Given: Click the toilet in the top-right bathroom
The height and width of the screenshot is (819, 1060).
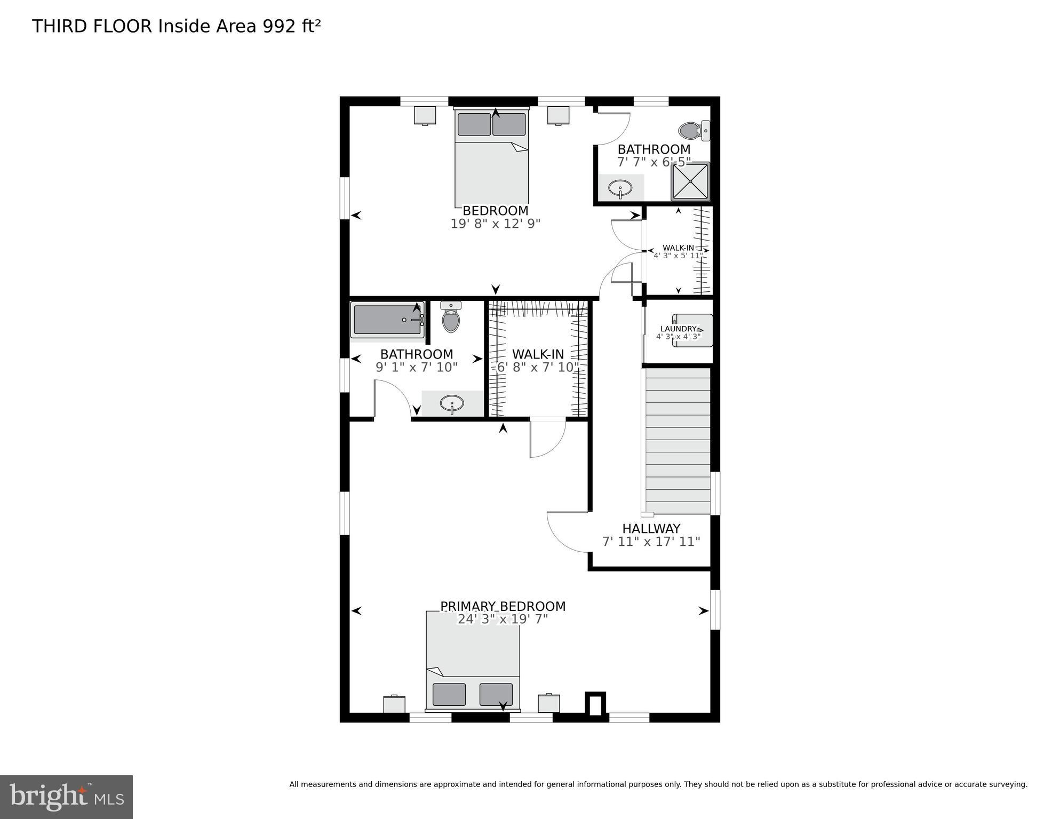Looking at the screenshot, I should tap(692, 130).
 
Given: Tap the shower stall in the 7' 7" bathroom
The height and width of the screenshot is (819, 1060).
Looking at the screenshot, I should tap(690, 181).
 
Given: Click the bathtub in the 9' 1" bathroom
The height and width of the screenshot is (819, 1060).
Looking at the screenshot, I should tap(387, 320).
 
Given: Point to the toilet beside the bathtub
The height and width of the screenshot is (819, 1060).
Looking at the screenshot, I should tap(451, 319).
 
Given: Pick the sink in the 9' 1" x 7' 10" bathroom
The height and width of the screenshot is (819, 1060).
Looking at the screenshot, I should tap(452, 403).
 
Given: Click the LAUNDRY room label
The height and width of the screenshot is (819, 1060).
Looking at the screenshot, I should tap(678, 329).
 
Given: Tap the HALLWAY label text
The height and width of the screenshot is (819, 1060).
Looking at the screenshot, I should tap(651, 528).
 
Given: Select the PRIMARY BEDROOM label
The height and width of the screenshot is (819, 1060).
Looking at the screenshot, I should tap(503, 606).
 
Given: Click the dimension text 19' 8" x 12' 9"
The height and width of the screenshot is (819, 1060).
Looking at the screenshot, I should tap(495, 224).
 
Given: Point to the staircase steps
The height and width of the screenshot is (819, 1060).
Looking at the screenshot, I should tap(678, 440).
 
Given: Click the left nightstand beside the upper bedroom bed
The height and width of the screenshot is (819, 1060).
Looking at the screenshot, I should tap(425, 115).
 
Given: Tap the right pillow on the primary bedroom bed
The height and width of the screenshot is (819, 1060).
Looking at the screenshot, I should tap(496, 694).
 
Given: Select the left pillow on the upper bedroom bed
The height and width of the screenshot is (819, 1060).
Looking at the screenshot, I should tap(474, 124).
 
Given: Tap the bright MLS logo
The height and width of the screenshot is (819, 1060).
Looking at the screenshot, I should tap(66, 797).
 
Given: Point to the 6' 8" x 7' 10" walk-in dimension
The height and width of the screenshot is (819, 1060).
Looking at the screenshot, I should tap(538, 367).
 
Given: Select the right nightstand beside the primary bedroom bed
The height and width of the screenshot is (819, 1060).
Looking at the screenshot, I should tap(548, 703).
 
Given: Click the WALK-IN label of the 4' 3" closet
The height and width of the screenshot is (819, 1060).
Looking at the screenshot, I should tap(678, 248).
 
